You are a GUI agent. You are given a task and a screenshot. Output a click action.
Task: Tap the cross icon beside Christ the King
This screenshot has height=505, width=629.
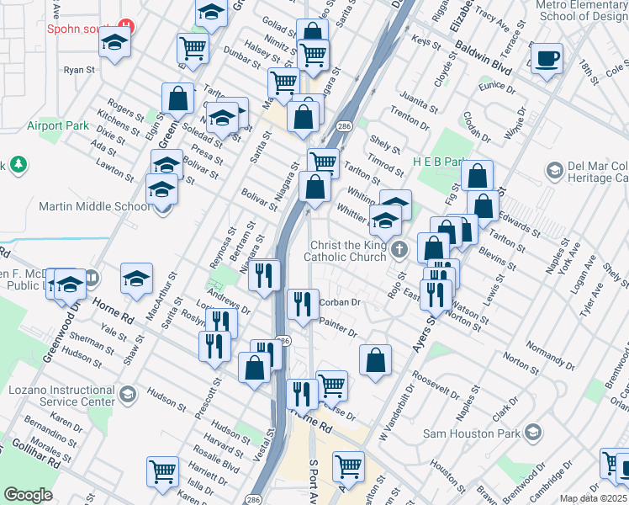coord(399,249)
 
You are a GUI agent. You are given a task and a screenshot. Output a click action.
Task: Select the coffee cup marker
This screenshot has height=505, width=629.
coord(547,60)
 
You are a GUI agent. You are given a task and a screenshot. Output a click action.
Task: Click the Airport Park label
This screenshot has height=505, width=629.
coord(57,125)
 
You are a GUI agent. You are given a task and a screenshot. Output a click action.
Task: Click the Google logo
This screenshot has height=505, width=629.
coord(28,494)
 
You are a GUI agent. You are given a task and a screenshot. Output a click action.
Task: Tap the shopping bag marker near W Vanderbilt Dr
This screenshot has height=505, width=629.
coord(375,359)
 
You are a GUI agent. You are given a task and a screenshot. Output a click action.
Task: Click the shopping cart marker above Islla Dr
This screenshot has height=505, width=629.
coord(161,470)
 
